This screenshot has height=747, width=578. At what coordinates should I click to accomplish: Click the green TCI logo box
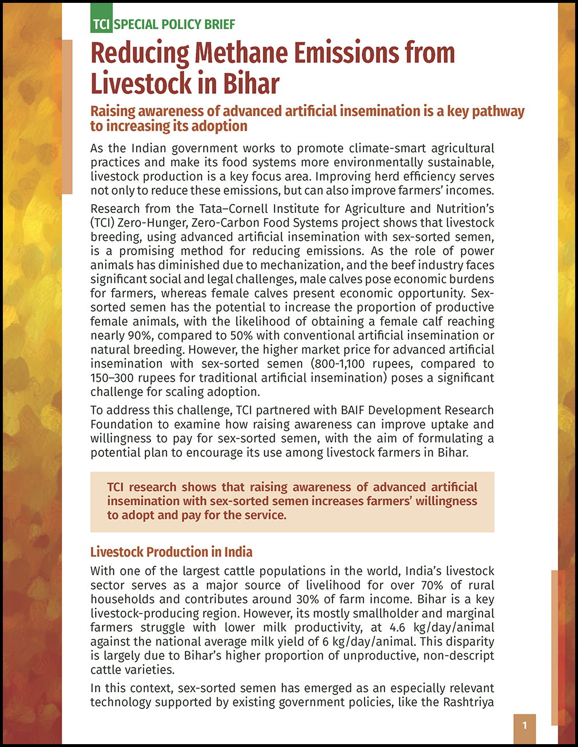coord(101,24)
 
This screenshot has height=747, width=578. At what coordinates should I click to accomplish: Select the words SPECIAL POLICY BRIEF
coord(175,24)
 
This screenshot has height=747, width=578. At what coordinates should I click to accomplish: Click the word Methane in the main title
coord(241,53)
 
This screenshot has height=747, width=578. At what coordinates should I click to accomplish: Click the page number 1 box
coord(524,726)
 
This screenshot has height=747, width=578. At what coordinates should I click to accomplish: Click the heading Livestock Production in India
coord(171,552)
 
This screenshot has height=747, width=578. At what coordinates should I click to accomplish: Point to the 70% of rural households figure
coord(430,585)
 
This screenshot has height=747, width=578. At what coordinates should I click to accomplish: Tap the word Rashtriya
coord(469,702)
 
